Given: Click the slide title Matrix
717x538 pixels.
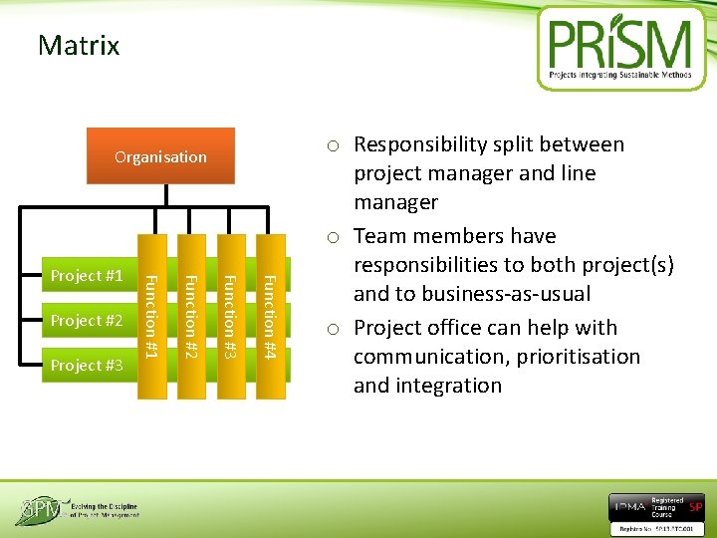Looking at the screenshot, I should [78, 46].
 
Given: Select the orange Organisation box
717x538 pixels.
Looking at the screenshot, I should [160, 156].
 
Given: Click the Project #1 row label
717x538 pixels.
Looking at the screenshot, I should [87, 276].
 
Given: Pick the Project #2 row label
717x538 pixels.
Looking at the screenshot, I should [87, 321].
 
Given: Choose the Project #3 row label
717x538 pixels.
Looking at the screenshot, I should [87, 366].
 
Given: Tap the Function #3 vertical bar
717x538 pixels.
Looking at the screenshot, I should [228, 309].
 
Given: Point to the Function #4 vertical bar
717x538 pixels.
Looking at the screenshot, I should [268, 309].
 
